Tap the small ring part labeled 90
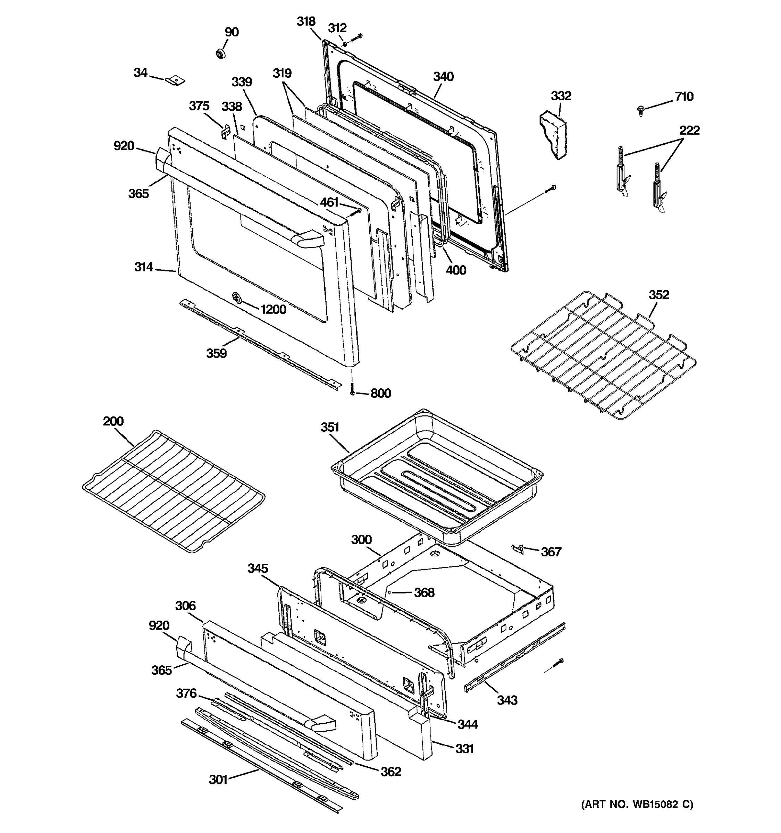pyautogui.click(x=220, y=54)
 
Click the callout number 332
pyautogui.click(x=561, y=96)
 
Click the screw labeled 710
pyautogui.click(x=640, y=110)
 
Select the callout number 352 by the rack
pyautogui.click(x=659, y=295)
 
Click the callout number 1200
pyautogui.click(x=273, y=310)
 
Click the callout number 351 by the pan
pyautogui.click(x=330, y=427)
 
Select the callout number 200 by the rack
pyautogui.click(x=113, y=421)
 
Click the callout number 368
pyautogui.click(x=424, y=592)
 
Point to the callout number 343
pyautogui.click(x=507, y=700)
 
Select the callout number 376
pyautogui.click(x=186, y=693)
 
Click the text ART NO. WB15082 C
pyautogui.click(x=637, y=804)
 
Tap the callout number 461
pyautogui.click(x=329, y=202)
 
